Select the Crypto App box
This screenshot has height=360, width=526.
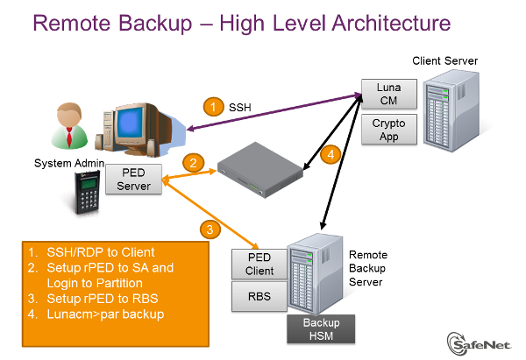coord(388,130)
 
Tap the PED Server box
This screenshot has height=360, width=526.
coord(134,180)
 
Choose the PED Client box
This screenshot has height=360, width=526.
coord(259,264)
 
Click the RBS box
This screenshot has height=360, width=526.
coord(259,298)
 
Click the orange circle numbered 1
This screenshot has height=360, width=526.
coord(213,107)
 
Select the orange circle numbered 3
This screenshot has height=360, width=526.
coord(209,230)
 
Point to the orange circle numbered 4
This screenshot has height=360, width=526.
coord(330,155)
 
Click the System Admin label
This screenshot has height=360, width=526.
coord(69,164)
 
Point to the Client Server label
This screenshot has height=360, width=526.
coord(446,61)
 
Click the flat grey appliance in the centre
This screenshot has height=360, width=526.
coord(258,168)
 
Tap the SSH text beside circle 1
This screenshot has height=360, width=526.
coord(240,108)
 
